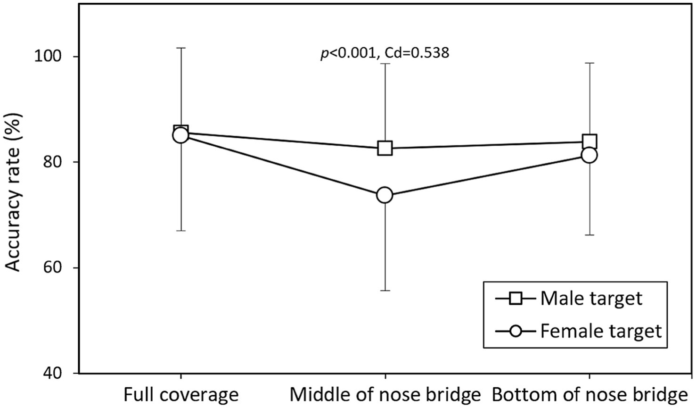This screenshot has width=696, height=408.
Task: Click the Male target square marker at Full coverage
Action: tap(181, 132)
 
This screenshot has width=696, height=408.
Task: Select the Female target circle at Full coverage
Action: tap(180, 136)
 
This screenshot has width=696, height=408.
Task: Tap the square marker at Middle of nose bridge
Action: tap(385, 148)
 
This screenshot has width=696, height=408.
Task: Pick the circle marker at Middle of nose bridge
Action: tap(385, 195)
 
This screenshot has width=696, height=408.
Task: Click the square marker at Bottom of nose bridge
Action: tap(590, 141)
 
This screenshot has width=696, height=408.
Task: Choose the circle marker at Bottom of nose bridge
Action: tap(590, 155)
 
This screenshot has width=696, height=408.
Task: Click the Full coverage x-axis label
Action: tap(181, 394)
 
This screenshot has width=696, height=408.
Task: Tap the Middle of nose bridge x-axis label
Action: tap(385, 394)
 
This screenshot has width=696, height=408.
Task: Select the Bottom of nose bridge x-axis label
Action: tap(589, 394)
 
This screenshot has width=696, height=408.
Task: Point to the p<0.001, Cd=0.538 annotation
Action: tap(385, 53)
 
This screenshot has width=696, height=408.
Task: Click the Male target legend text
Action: tap(591, 298)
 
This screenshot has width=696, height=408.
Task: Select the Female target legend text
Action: tap(601, 331)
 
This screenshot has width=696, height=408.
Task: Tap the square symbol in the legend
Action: tap(516, 298)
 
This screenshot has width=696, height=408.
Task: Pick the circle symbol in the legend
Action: tap(516, 331)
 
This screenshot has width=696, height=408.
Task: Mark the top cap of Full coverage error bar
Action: tap(181, 48)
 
